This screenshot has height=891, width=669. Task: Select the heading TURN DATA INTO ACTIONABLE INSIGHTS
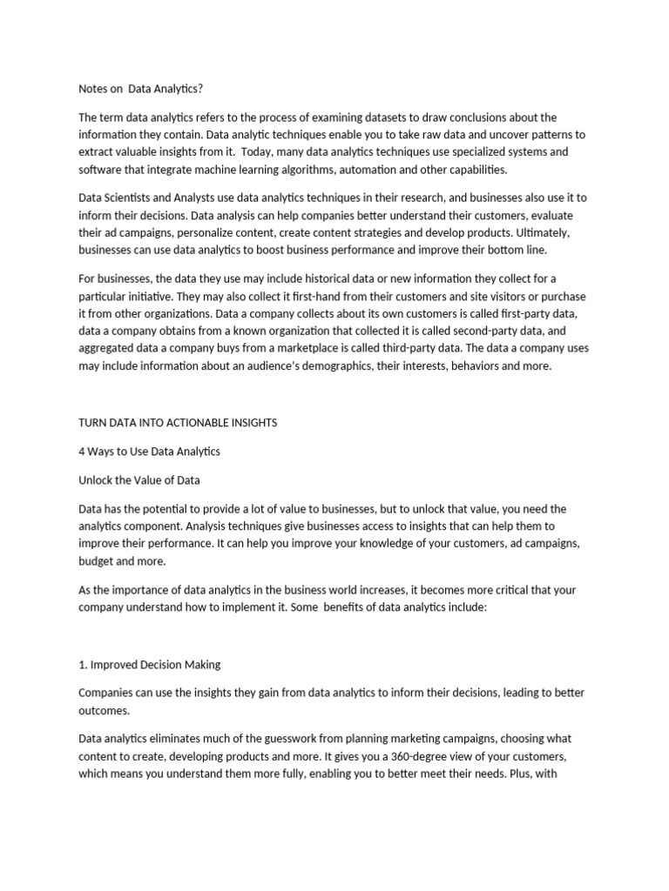(178, 422)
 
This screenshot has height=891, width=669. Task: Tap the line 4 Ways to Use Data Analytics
(149, 451)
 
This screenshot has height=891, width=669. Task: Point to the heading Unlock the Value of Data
(139, 479)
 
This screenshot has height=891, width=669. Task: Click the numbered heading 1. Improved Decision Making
(149, 665)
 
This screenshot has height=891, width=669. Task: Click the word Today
(260, 152)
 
